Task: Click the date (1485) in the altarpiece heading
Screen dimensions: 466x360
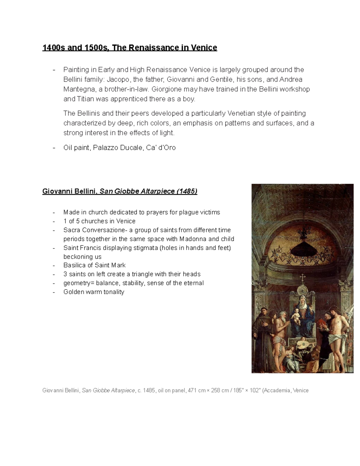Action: (x=187, y=191)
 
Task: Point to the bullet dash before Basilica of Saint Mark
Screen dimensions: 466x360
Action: (x=54, y=266)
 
